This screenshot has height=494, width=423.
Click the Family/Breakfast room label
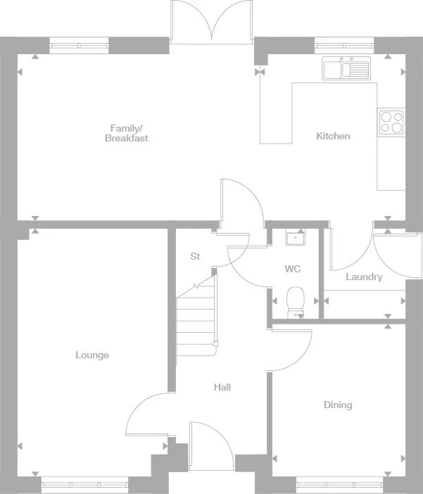pos(127,133)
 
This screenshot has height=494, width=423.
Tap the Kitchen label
pos(333,136)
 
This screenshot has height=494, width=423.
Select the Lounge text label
pos(92,355)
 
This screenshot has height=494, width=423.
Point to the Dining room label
pos(338,405)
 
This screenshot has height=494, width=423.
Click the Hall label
pos(222,387)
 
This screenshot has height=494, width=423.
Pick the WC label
pos(293,269)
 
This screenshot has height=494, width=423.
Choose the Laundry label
pos(364,277)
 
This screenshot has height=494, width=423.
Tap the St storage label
pos(195,257)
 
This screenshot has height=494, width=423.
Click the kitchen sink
pos(346,69)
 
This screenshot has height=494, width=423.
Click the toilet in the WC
pos(296,300)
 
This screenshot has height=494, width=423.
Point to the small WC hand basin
pos(295,238)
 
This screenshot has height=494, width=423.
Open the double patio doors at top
pos(211,21)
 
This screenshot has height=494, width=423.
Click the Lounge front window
pos(84,483)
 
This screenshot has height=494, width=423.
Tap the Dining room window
pos(339,483)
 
